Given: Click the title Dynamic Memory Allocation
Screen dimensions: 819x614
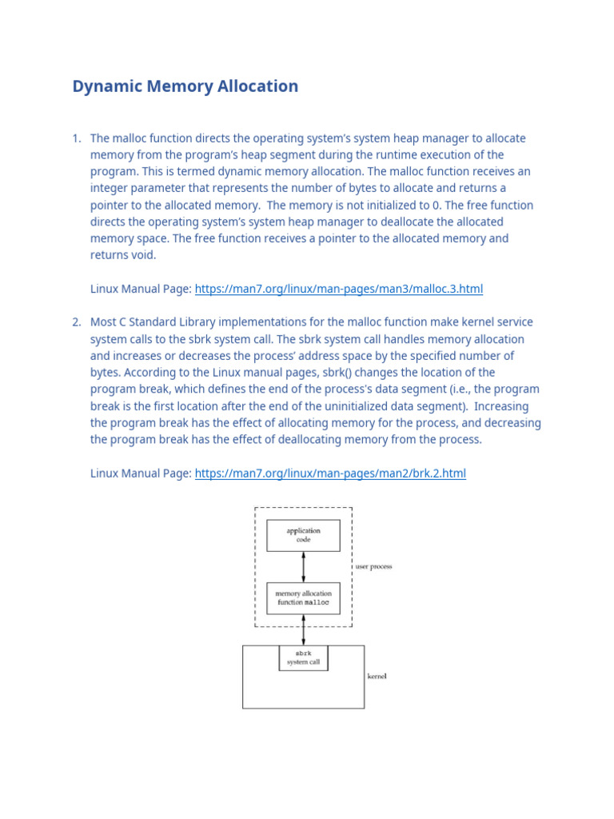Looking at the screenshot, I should pos(185,86).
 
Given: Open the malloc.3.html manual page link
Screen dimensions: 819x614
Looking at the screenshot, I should pos(339,289).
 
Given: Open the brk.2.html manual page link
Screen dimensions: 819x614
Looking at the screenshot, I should pos(330,473).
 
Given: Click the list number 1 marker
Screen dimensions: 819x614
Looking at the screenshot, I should pos(77,138).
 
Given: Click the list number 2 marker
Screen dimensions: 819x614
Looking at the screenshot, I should pos(77,322).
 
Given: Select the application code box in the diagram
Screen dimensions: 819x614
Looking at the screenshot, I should pos(303,535).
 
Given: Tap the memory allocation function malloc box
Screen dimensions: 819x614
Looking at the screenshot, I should pos(303,598).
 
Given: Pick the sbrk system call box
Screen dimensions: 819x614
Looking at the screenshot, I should pos(303,657).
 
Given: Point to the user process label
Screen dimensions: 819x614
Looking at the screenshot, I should pos(374,567).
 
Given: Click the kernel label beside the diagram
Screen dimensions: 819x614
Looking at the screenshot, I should pos(377,677).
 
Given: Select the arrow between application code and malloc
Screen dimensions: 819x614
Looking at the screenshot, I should pos(303,566).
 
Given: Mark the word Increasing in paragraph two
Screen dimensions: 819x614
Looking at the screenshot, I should pos(508,406).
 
